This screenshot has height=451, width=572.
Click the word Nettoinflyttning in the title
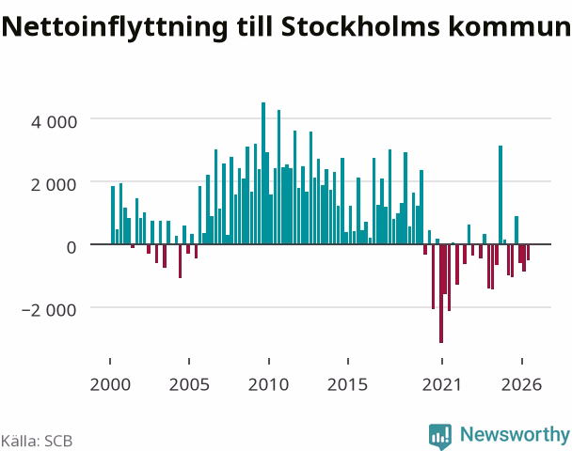[115, 27]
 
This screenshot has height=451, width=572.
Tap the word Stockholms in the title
[360, 26]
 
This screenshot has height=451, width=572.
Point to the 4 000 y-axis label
[54, 121]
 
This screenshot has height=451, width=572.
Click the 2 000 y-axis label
[54, 185]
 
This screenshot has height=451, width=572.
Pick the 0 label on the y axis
[71, 247]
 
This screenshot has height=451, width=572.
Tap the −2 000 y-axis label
[49, 310]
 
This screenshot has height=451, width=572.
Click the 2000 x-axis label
[110, 384]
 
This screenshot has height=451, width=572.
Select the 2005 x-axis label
[189, 384]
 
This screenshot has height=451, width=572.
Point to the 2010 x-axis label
[268, 384]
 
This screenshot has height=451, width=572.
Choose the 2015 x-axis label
[348, 384]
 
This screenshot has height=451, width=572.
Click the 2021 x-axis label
[442, 384]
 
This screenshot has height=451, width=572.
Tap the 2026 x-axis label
[521, 384]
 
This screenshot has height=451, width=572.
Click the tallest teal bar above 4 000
[263, 173]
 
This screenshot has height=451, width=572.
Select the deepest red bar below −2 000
[441, 294]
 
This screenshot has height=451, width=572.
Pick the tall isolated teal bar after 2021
[500, 194]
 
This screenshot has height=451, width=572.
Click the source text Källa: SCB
[37, 441]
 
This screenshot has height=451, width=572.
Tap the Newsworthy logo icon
[440, 436]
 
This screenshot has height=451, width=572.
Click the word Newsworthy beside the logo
[515, 435]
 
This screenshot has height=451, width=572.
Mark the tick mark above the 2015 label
[348, 361]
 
